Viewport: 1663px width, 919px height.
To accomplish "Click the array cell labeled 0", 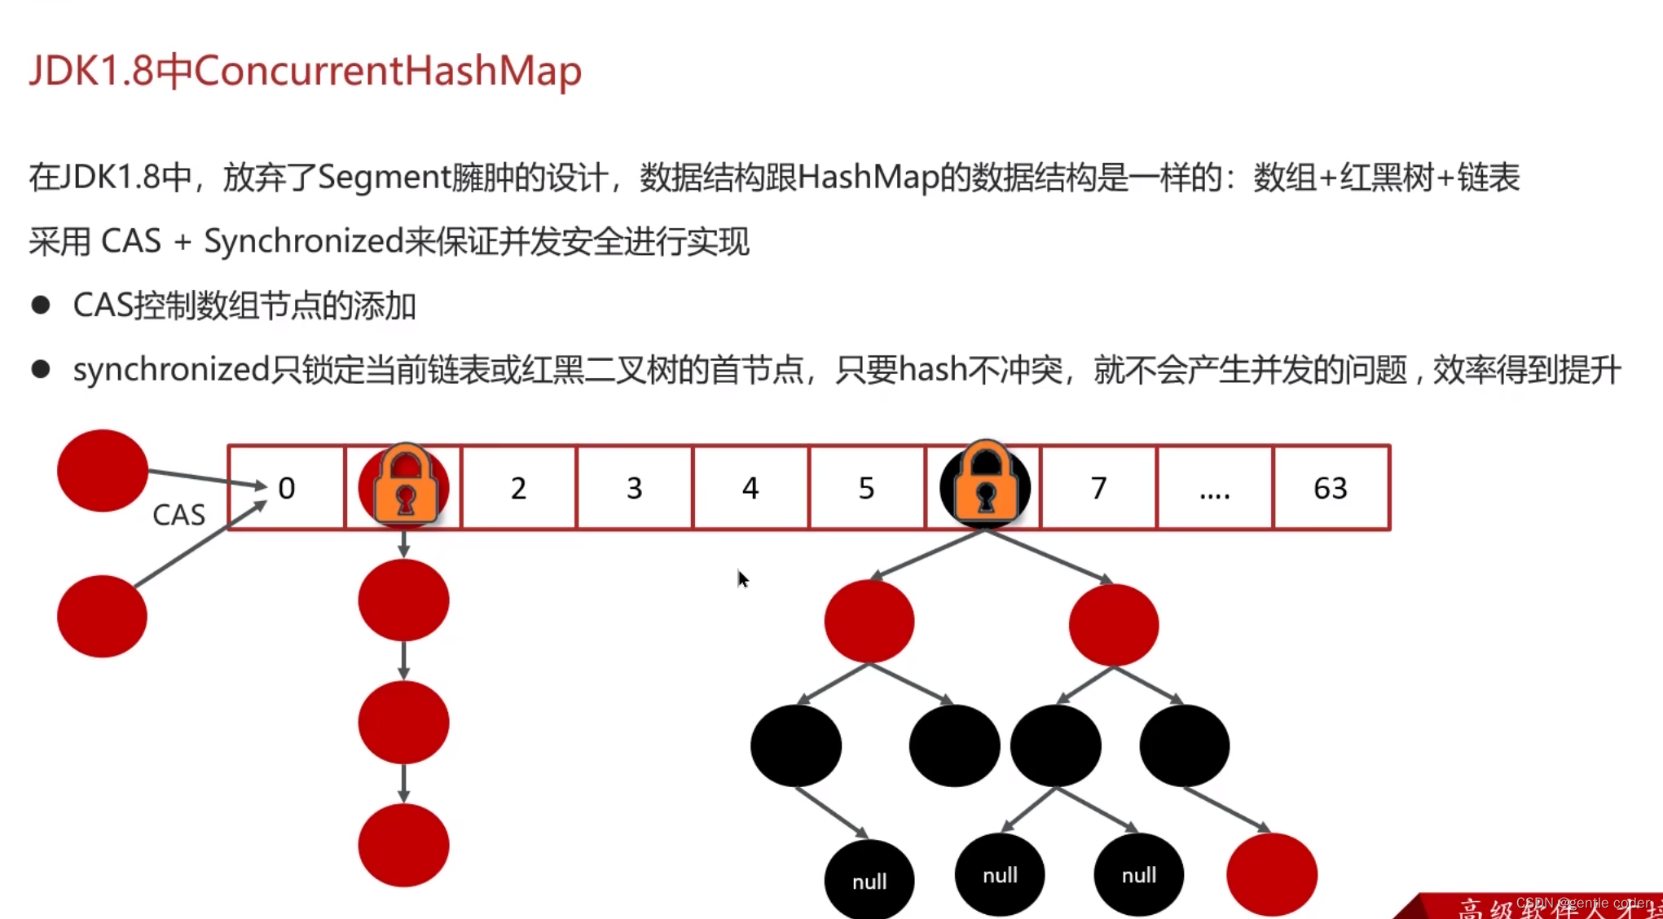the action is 286,488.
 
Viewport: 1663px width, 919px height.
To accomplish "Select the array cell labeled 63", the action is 1331,488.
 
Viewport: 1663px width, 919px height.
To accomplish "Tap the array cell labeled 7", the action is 1098,488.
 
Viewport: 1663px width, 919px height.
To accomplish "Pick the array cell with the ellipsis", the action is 1214,488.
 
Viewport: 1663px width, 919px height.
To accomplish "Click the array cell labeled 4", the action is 750,488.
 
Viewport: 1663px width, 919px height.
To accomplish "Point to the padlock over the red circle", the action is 405,483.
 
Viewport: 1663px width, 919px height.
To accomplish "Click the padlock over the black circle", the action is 985,481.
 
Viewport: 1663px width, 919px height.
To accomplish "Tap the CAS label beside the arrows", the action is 178,515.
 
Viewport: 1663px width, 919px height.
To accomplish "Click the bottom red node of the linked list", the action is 403,845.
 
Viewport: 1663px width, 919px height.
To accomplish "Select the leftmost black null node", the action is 869,880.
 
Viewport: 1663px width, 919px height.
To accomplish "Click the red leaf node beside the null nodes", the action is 1271,874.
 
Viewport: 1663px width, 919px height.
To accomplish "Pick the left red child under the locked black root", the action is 869,621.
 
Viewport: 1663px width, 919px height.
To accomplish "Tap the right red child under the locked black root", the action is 1113,624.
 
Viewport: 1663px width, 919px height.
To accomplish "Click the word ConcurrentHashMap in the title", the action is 388,71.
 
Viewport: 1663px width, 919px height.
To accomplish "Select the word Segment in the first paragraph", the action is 384,178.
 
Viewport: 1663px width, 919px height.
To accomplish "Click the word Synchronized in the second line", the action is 303,241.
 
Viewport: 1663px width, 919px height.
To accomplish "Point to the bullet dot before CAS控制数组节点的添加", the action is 41,306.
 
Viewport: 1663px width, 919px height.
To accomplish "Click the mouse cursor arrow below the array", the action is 741,578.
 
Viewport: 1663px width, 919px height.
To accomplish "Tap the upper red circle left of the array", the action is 103,470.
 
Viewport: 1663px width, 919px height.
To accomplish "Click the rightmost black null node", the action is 1138,875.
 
